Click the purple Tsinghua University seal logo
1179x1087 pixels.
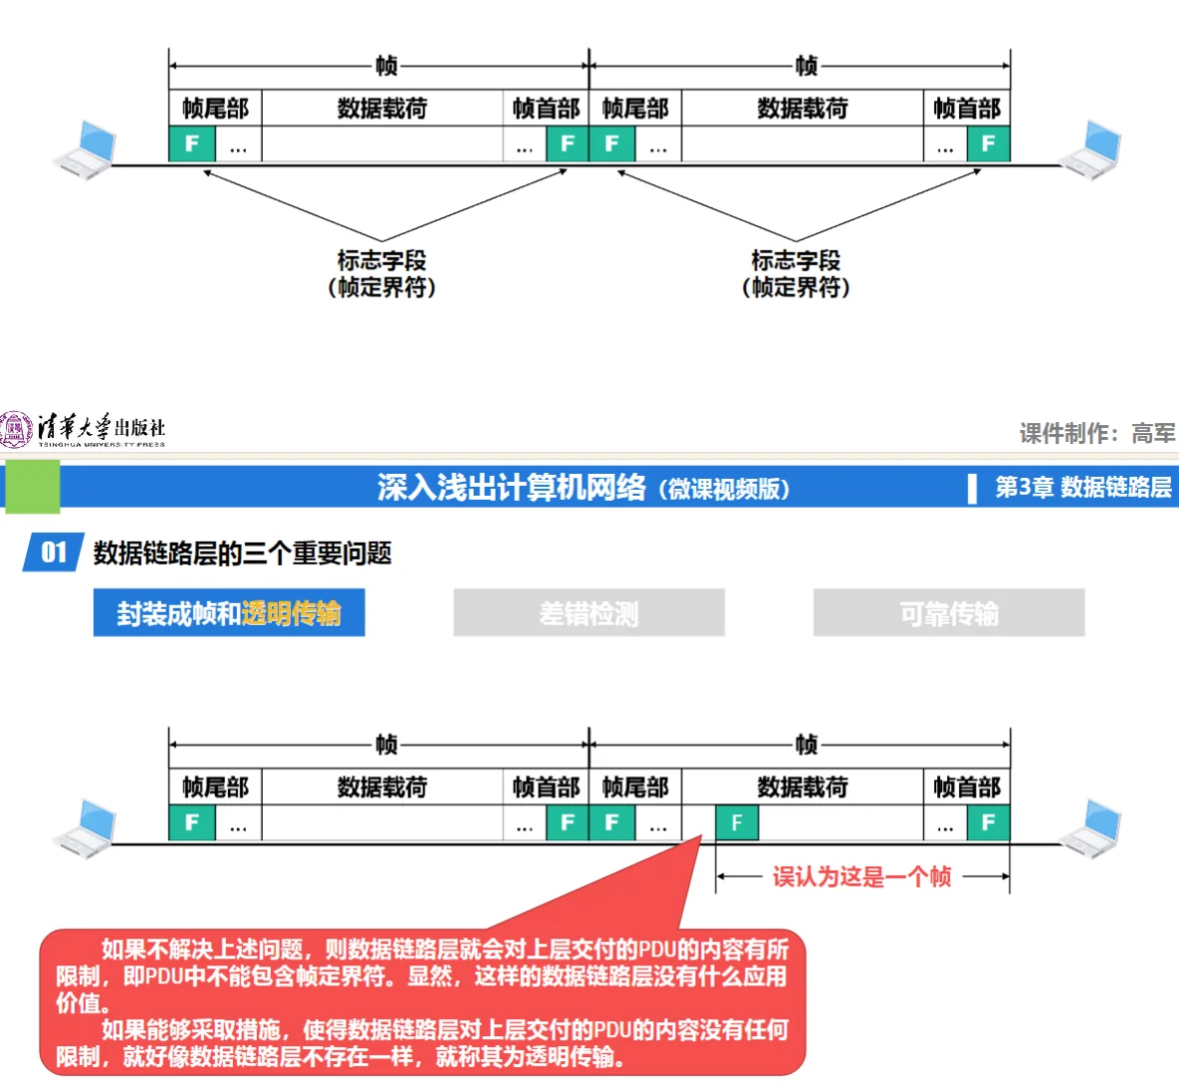pyautogui.click(x=16, y=429)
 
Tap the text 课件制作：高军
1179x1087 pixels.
pyautogui.click(x=1096, y=433)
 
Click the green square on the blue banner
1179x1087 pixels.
pyautogui.click(x=33, y=486)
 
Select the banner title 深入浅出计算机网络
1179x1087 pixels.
pyautogui.click(x=512, y=487)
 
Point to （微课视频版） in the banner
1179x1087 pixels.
pyautogui.click(x=725, y=489)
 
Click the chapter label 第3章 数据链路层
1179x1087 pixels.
pyautogui.click(x=1083, y=487)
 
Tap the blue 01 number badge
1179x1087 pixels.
pyautogui.click(x=53, y=552)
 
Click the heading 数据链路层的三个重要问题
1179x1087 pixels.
pyautogui.click(x=243, y=553)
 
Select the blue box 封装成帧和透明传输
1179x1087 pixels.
pyautogui.click(x=229, y=612)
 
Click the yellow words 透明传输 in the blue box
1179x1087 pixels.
pyautogui.click(x=291, y=613)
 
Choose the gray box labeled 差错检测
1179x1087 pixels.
pyautogui.click(x=589, y=613)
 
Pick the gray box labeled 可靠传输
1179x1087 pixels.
pyautogui.click(x=948, y=613)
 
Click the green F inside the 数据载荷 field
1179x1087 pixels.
pyautogui.click(x=737, y=822)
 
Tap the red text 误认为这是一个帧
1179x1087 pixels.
pyautogui.click(x=861, y=876)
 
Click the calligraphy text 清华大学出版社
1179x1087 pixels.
pyautogui.click(x=101, y=426)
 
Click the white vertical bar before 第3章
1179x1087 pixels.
pyautogui.click(x=972, y=488)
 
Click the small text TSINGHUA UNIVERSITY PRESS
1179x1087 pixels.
pyautogui.click(x=102, y=444)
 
